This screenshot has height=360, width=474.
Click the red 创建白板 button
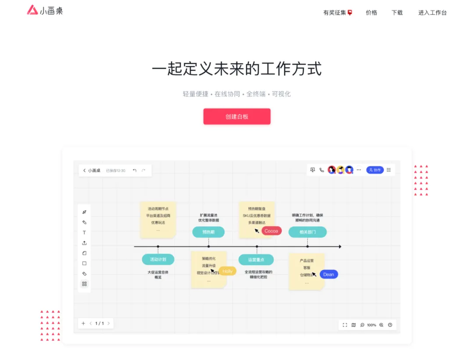click(x=237, y=117)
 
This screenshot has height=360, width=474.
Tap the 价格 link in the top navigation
click(x=371, y=13)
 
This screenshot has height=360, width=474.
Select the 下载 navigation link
click(x=397, y=13)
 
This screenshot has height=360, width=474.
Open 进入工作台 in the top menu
click(x=432, y=13)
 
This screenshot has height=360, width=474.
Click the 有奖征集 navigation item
click(x=338, y=13)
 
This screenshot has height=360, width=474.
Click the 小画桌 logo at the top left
click(x=45, y=11)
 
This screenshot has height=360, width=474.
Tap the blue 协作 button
click(x=375, y=170)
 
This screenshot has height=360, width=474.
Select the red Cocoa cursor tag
click(x=271, y=231)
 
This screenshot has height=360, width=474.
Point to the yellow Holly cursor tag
click(x=227, y=271)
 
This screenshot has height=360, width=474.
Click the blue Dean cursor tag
click(x=328, y=274)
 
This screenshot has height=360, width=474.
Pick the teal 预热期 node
click(x=208, y=232)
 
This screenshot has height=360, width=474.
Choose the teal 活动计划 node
click(x=158, y=260)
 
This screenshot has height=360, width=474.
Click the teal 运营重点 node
click(x=256, y=260)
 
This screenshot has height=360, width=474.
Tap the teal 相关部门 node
click(x=307, y=232)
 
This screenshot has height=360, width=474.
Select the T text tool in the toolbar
click(x=84, y=233)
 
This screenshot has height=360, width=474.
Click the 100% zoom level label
click(x=371, y=325)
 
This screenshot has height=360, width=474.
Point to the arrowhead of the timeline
click(x=340, y=247)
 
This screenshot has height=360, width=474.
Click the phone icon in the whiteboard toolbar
click(x=322, y=170)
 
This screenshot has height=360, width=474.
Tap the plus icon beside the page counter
click(x=83, y=324)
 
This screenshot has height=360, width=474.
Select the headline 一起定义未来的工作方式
click(x=237, y=69)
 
